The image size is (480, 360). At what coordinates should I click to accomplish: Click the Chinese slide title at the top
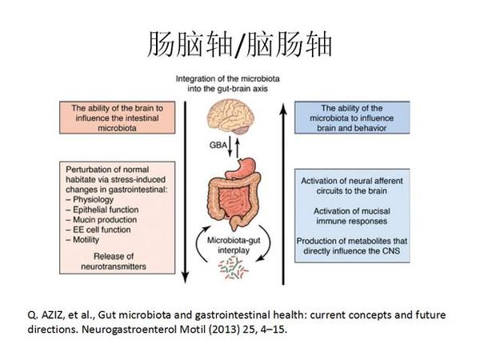240,44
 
